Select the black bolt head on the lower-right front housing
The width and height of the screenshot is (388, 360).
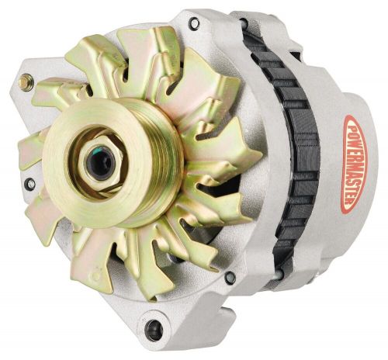(x=229, y=277)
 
